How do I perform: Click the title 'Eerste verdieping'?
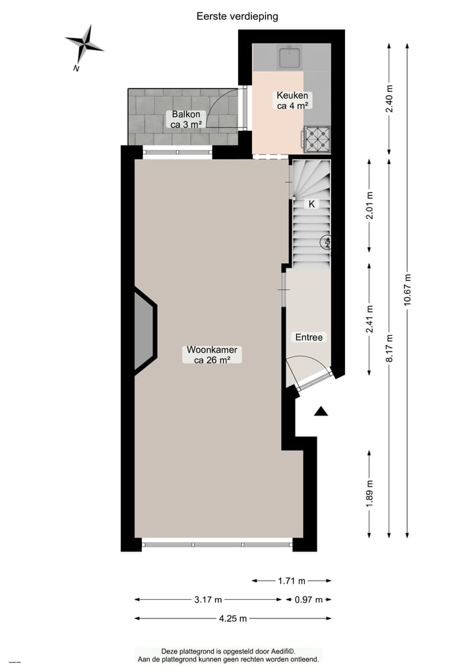pyautogui.click(x=237, y=16)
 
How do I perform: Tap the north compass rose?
pyautogui.click(x=84, y=44)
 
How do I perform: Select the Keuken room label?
pyautogui.click(x=292, y=99)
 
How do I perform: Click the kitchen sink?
pyautogui.click(x=290, y=57)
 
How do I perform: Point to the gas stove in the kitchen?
pyautogui.click(x=317, y=137)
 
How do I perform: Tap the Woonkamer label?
pyautogui.click(x=212, y=355)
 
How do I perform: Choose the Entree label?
pyautogui.click(x=309, y=337)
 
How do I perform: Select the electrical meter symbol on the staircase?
pyautogui.click(x=326, y=243)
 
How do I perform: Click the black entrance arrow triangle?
pyautogui.click(x=321, y=412)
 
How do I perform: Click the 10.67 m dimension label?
pyautogui.click(x=408, y=289)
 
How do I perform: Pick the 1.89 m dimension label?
pyautogui.click(x=369, y=492)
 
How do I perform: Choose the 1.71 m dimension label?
pyautogui.click(x=292, y=581)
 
